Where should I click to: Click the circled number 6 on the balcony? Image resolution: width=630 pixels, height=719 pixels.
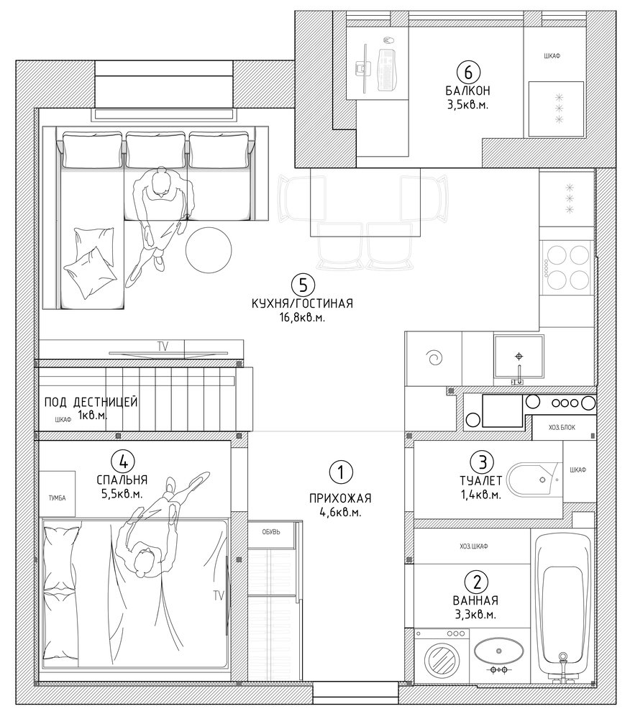pos(467,72)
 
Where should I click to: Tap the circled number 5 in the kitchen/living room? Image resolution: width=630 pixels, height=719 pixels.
pos(303,285)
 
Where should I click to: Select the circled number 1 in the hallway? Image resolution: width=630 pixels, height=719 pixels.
pos(340,472)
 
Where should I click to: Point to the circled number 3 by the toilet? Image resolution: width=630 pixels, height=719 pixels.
pos(483,462)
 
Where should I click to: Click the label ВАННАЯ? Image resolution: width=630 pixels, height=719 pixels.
pos(475,600)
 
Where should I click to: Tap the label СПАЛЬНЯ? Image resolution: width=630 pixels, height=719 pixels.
pos(122,480)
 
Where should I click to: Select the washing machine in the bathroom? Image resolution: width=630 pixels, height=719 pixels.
pos(442,656)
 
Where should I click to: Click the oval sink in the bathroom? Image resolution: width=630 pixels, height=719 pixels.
pos(498,651)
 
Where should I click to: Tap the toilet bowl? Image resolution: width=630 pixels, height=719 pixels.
pos(534,480)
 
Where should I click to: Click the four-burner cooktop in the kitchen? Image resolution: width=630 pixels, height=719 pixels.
pos(567,267)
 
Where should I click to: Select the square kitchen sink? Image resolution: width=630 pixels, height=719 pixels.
pos(519,357)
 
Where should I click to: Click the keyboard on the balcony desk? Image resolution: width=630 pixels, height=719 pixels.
pos(387,69)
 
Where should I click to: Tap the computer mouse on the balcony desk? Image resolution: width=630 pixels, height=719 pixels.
pos(388,40)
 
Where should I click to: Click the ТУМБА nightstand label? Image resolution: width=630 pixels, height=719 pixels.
pos(58,498)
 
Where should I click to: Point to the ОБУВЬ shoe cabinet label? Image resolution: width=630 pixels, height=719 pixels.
pos(271,532)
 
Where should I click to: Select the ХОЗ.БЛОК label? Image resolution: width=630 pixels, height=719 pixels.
pos(562,427)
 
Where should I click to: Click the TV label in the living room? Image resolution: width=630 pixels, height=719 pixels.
pos(163,347)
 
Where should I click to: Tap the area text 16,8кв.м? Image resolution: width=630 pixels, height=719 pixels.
pos(302,317)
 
